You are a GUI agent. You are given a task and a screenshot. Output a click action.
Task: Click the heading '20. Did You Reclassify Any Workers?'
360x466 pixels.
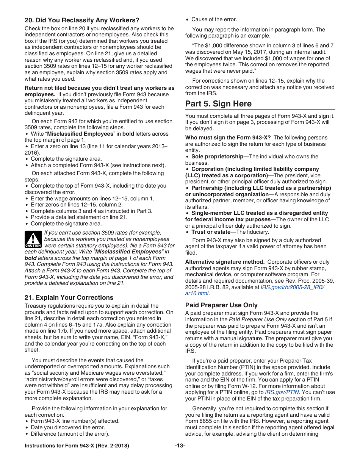82,20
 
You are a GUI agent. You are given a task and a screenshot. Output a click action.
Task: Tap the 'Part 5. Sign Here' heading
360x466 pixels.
218,104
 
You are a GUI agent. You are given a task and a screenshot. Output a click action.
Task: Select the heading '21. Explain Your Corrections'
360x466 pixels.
69,297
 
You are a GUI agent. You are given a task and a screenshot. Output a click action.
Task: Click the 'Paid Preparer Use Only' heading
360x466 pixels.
221,305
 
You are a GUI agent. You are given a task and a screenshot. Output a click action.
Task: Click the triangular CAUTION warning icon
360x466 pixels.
33,239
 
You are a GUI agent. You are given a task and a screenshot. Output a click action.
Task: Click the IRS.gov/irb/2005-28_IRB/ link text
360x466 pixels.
292,287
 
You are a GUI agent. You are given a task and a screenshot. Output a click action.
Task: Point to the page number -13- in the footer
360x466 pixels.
180,446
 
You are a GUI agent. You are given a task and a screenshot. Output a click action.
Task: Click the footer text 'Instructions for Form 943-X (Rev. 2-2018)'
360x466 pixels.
77,446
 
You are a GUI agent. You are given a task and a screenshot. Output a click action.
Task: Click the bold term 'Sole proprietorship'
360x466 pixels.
217,156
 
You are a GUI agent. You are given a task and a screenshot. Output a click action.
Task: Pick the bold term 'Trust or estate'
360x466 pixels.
211,232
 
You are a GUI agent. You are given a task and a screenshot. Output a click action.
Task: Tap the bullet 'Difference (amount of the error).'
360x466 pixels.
70,434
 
